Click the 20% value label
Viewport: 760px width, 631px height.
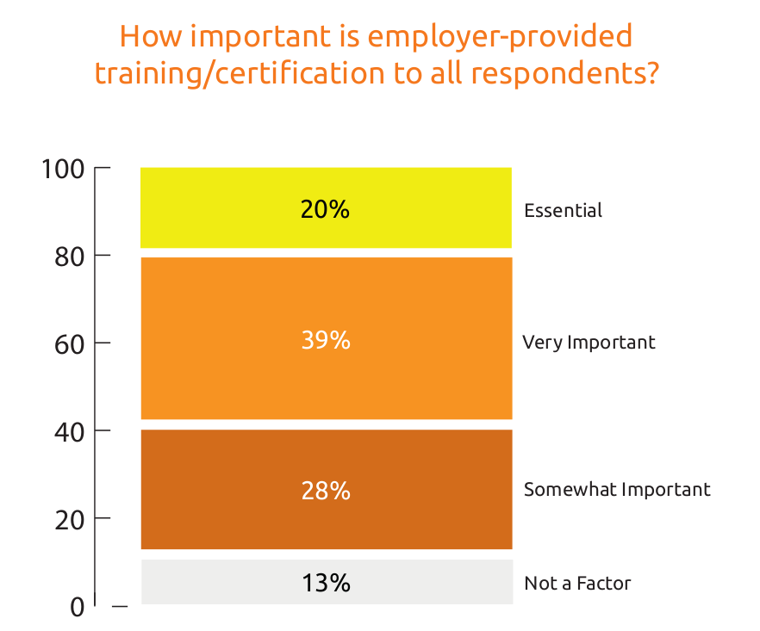point(325,209)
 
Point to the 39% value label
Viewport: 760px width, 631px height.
point(326,341)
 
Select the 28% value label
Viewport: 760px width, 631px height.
point(326,491)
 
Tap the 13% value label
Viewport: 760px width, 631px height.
point(326,583)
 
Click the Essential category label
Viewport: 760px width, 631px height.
point(563,210)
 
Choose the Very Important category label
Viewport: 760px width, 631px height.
point(589,343)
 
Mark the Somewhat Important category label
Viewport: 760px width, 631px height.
point(617,490)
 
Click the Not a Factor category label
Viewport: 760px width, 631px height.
point(577,584)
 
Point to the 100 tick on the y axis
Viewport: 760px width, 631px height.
point(64,169)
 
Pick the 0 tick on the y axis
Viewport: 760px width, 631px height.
point(78,607)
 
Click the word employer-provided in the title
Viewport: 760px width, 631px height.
point(499,36)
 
